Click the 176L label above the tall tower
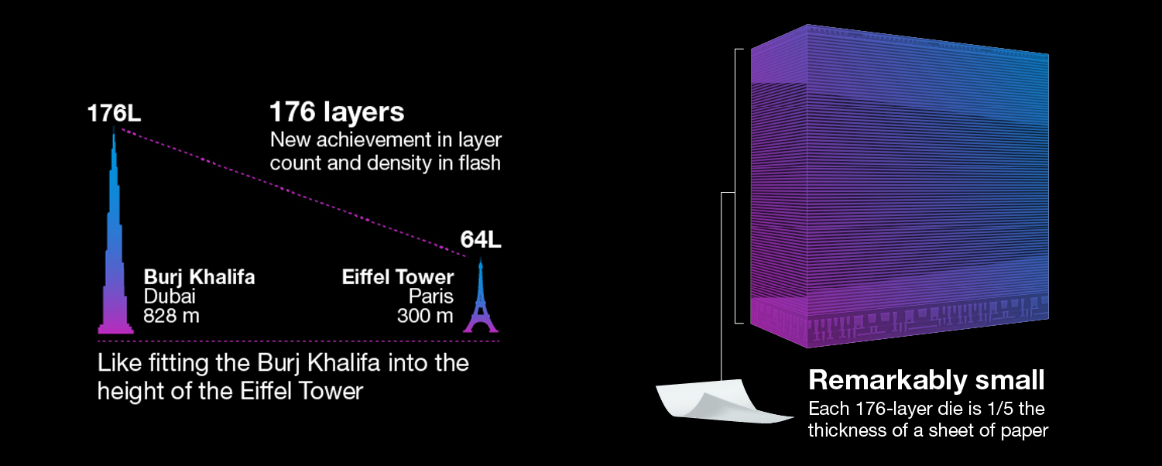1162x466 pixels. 114,113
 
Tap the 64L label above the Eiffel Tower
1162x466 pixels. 481,239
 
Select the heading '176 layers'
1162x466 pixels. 337,112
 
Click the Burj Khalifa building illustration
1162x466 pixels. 115,255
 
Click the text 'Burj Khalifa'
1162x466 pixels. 199,277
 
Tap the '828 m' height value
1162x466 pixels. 171,316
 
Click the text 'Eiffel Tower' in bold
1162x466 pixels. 398,277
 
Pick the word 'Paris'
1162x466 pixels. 431,296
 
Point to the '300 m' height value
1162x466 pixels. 425,316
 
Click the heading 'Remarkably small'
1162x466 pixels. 927,380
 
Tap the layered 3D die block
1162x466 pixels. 898,186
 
